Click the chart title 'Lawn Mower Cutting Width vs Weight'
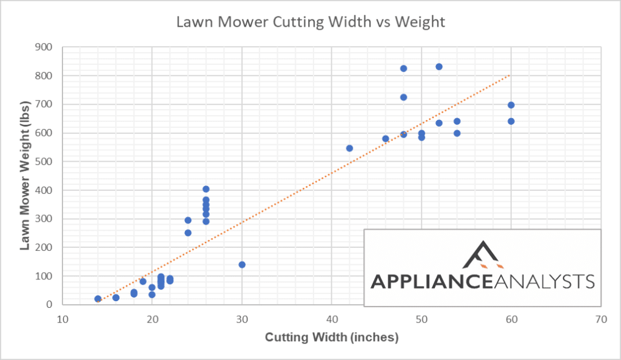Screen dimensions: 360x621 point(310,22)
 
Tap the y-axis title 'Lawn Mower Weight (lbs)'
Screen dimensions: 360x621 point(27,175)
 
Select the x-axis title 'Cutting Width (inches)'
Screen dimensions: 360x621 point(332,338)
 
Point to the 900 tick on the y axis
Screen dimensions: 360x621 point(44,47)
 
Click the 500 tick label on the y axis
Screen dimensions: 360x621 point(44,162)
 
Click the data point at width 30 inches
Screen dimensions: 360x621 point(242,265)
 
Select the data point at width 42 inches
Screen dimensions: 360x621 point(349,148)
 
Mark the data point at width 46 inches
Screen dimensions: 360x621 point(386,139)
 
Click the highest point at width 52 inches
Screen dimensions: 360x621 point(439,67)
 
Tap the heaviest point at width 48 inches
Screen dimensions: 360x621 point(403,68)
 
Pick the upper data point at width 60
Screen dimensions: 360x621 point(511,105)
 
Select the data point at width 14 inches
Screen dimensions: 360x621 point(98,299)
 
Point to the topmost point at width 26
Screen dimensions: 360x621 point(206,189)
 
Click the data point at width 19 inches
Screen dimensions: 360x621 point(143,281)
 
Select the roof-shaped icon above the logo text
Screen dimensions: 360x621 point(483,255)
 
